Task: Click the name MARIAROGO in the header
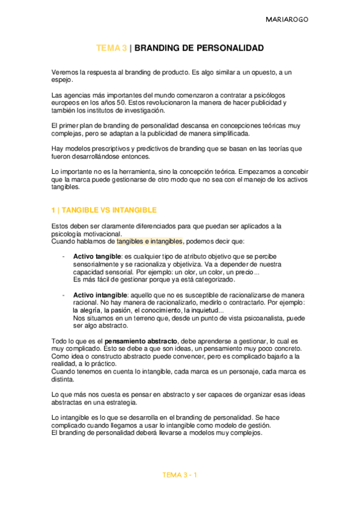287,20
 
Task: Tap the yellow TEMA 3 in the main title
112,48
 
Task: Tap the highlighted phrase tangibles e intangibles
149,241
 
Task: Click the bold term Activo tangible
97,257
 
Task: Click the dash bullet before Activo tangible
64,257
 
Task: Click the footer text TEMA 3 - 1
180,475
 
